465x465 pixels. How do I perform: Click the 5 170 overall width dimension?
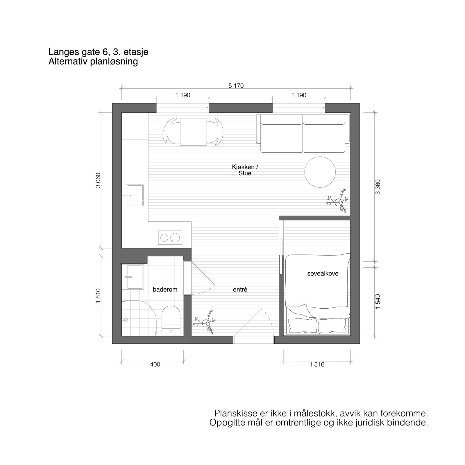point(236,86)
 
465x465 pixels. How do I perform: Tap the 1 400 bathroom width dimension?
point(153,364)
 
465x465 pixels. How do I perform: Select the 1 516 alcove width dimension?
point(317,364)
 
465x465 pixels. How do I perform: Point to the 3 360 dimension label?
point(378,187)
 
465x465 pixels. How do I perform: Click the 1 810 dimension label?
point(98,296)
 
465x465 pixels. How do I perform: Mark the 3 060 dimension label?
point(98,180)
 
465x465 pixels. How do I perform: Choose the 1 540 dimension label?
point(378,302)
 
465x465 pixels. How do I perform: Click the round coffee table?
point(320,172)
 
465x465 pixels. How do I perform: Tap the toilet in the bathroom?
point(171,320)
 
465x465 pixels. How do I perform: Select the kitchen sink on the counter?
point(135,195)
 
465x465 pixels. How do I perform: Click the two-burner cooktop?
point(170,238)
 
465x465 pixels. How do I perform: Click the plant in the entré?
point(206,323)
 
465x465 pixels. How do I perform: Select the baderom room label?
point(165,289)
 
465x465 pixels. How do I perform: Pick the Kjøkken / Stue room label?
point(245,170)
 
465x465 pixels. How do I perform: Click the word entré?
point(240,289)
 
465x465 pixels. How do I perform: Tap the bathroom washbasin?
point(135,277)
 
